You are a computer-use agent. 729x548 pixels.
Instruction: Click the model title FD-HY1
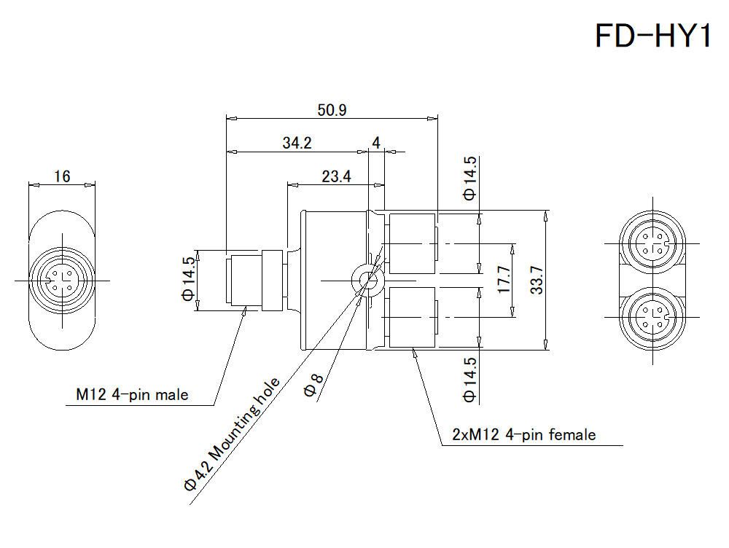point(652,36)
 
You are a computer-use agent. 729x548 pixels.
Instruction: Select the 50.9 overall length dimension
point(332,110)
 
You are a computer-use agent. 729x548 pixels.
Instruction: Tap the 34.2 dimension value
point(297,143)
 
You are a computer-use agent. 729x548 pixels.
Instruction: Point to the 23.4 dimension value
point(336,176)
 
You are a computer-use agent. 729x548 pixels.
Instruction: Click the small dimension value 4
point(375,143)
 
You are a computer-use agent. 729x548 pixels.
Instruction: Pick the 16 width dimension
point(62,176)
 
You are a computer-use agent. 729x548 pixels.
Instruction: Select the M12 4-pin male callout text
point(132,395)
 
